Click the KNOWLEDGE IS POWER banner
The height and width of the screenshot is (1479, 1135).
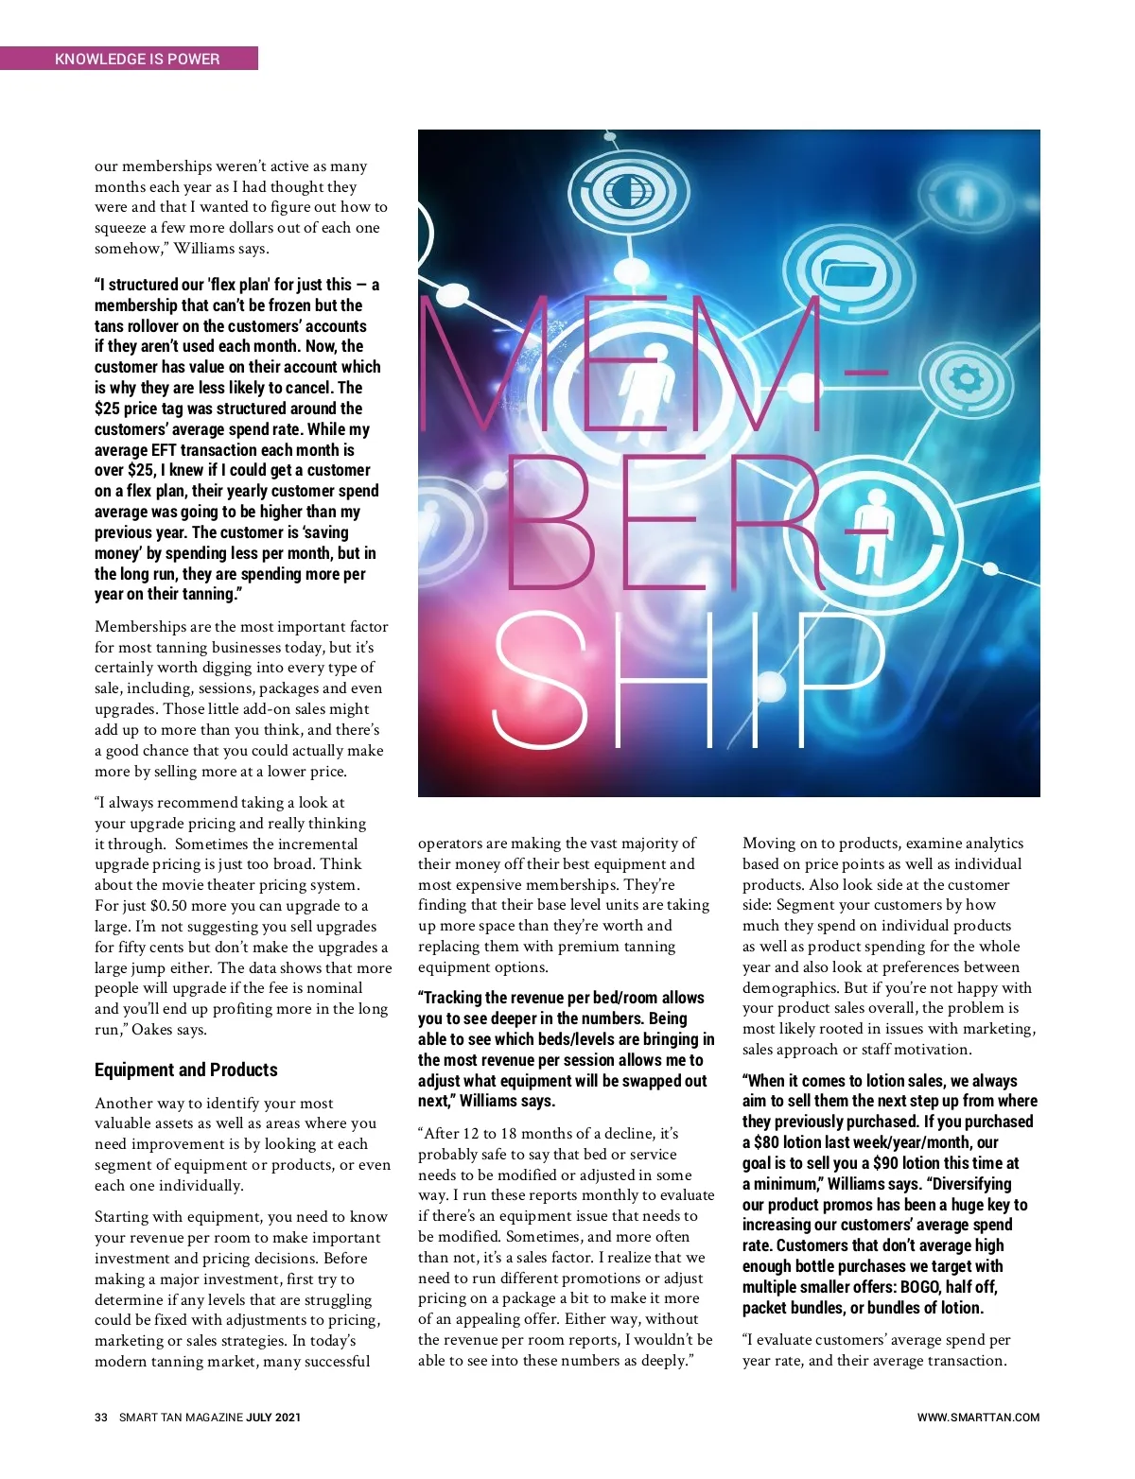137,59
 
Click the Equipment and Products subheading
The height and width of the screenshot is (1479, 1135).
185,1070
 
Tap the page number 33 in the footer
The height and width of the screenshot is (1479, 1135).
101,1418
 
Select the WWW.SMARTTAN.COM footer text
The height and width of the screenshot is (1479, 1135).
978,1418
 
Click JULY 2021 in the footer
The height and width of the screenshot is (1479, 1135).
274,1418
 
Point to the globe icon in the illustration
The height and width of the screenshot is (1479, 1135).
621,193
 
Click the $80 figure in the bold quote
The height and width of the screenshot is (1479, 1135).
766,1142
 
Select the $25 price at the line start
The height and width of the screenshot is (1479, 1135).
107,409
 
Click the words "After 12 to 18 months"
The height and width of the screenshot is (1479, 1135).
504,1134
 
